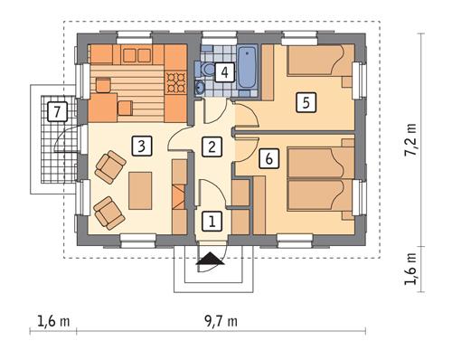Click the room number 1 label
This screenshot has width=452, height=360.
coord(212,220)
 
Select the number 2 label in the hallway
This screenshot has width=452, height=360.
coord(212,146)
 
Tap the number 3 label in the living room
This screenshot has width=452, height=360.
coord(139,145)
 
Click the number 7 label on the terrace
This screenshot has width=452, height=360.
coord(57,112)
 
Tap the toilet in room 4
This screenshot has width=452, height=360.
coord(207,70)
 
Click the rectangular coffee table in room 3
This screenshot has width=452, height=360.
coord(140,189)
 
